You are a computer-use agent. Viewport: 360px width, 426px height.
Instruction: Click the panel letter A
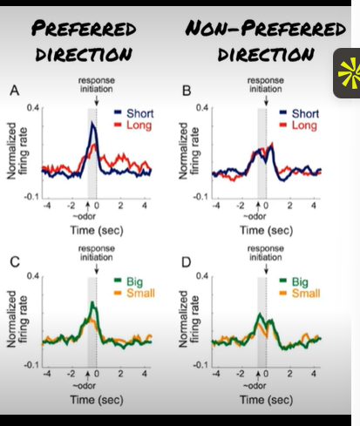pyautogui.click(x=13, y=91)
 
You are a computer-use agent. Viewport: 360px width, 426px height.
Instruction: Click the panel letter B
pyautogui.click(x=186, y=91)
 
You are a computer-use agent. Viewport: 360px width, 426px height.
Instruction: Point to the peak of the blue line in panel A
pyautogui.click(x=94, y=124)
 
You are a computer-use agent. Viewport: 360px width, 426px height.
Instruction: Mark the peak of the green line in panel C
pyautogui.click(x=94, y=303)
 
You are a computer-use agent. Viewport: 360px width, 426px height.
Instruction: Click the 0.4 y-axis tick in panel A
pyautogui.click(x=33, y=107)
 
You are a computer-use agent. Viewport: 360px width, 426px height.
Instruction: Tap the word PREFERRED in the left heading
pyautogui.click(x=83, y=30)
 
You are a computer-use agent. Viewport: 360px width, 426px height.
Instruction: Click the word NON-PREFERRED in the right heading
pyautogui.click(x=265, y=29)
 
